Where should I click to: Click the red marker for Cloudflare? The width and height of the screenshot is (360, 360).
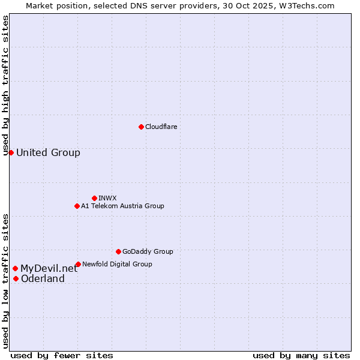coord(141,127)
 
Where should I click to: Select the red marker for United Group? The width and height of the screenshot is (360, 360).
coord(11,152)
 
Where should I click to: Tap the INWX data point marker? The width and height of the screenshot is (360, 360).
coord(94,198)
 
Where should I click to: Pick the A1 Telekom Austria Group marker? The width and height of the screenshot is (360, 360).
coord(77,206)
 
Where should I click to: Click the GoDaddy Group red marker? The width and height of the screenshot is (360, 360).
coord(118,251)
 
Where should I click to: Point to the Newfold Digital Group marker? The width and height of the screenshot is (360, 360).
coord(78,264)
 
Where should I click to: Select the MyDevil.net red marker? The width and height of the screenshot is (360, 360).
coord(15,268)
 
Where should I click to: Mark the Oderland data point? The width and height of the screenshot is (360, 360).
coord(16,278)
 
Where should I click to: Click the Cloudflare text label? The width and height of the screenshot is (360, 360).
coord(161,127)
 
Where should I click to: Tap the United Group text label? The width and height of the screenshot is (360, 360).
coord(48,152)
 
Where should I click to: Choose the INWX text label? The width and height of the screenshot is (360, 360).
coord(107,198)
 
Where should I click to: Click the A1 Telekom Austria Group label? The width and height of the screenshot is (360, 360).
coord(122,206)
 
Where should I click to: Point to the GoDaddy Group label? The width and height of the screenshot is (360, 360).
coord(148,251)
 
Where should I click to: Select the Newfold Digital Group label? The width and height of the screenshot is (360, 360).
coord(117,264)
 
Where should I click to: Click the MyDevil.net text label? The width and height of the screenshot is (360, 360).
coord(49,268)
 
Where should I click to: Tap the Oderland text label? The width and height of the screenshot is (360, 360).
coord(43,278)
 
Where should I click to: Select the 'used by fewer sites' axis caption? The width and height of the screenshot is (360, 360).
coord(62,355)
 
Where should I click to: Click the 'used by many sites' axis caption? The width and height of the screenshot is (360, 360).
coord(301,355)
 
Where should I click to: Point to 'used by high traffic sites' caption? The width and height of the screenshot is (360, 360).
coord(5,85)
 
